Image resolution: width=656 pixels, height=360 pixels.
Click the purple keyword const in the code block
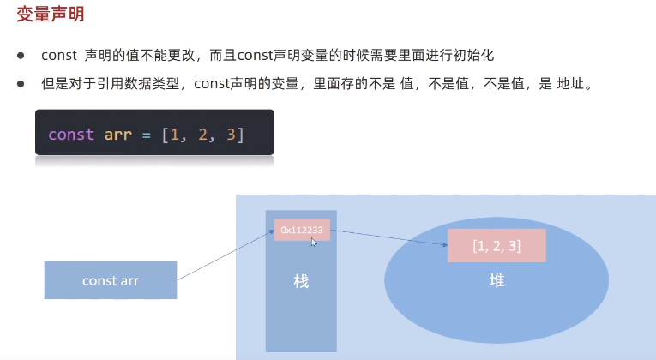tap(70, 135)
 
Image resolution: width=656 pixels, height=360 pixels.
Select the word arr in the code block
tap(118, 135)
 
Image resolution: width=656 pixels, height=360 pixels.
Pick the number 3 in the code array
tap(231, 135)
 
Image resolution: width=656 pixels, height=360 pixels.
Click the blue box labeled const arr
tap(111, 280)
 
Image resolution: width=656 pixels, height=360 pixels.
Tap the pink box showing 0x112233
tap(302, 230)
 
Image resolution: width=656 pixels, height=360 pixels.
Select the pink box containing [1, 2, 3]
tap(497, 246)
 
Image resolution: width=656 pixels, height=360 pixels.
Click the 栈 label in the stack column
tap(300, 282)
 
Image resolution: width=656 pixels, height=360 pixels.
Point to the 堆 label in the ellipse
tap(497, 280)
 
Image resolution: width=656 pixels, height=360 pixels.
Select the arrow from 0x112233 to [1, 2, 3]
tap(388, 237)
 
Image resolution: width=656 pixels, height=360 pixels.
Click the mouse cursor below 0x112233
tap(314, 243)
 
